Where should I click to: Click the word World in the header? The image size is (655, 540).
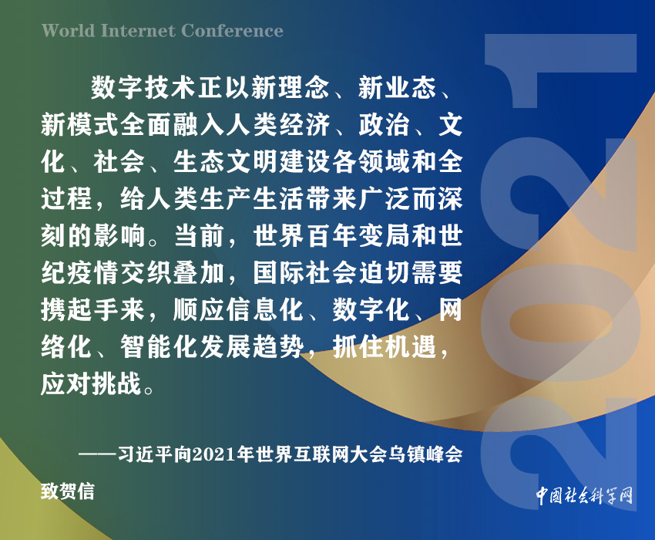(69, 31)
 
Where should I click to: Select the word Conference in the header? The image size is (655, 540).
(232, 31)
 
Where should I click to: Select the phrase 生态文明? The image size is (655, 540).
(226, 161)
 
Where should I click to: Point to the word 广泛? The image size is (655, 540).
(384, 198)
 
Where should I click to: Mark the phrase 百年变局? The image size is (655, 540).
(358, 235)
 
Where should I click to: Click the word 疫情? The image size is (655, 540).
(92, 272)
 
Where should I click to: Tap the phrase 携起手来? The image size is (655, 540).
(92, 309)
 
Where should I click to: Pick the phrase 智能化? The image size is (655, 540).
(160, 346)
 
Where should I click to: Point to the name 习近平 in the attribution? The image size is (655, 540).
(145, 454)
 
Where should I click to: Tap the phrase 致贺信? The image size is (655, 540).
(68, 491)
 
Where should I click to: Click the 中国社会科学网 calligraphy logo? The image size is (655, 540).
(584, 495)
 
